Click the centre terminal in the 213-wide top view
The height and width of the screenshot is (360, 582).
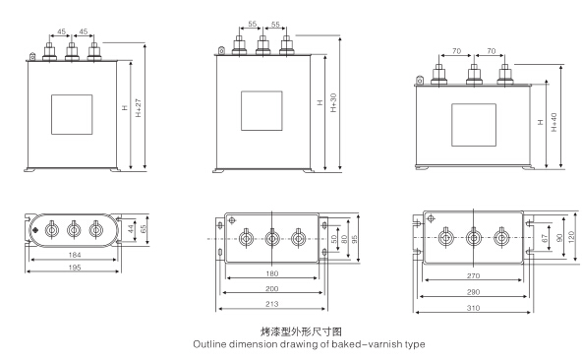[272, 236]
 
